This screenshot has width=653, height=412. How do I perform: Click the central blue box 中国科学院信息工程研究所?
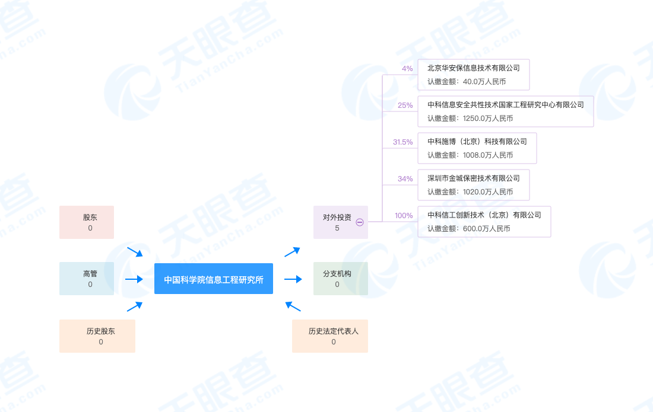[214, 279]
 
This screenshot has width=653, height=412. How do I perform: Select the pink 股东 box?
[87, 222]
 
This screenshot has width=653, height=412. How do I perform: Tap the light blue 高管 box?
[87, 279]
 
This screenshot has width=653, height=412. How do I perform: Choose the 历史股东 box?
[97, 336]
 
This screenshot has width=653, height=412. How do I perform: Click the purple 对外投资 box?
[337, 222]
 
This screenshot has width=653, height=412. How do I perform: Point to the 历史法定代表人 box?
[330, 336]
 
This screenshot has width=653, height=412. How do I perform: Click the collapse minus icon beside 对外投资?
[360, 222]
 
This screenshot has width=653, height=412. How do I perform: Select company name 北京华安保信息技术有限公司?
[473, 68]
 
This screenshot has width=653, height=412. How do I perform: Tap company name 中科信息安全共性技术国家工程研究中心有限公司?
[505, 105]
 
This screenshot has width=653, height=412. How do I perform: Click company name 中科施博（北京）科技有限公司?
[477, 142]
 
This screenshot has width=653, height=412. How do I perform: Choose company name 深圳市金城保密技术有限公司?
[473, 178]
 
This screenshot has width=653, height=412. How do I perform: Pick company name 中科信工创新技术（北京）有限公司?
[484, 215]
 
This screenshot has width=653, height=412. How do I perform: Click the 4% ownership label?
[407, 69]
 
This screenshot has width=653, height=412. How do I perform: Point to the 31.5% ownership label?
[402, 142]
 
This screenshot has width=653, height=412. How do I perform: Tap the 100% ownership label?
[404, 216]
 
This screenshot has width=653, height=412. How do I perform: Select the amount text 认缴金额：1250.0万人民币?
[470, 119]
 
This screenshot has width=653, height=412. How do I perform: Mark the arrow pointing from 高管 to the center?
[134, 279]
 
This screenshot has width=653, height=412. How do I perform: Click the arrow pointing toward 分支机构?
[293, 279]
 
